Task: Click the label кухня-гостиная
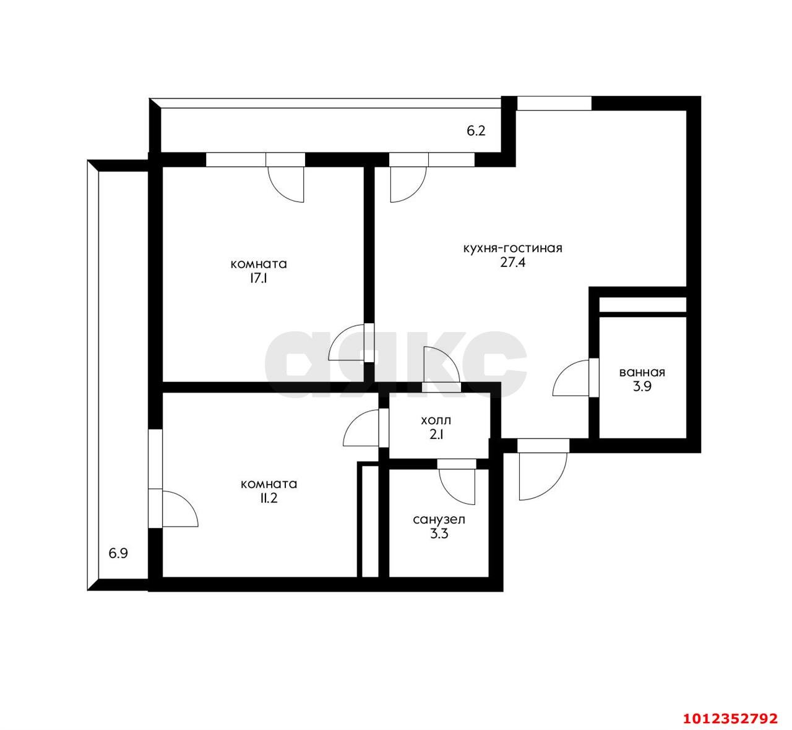click(x=512, y=248)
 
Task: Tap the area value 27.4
click(x=512, y=262)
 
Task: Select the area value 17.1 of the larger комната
click(x=259, y=279)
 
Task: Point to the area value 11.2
click(x=269, y=499)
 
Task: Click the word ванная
click(x=642, y=372)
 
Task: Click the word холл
click(x=436, y=421)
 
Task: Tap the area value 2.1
click(x=436, y=435)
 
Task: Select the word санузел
click(x=439, y=520)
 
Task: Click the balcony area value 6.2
click(x=475, y=131)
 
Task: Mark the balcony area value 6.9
click(x=118, y=553)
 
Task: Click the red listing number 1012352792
click(x=730, y=718)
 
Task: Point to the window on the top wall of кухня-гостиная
click(x=554, y=103)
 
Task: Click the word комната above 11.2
click(x=269, y=484)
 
